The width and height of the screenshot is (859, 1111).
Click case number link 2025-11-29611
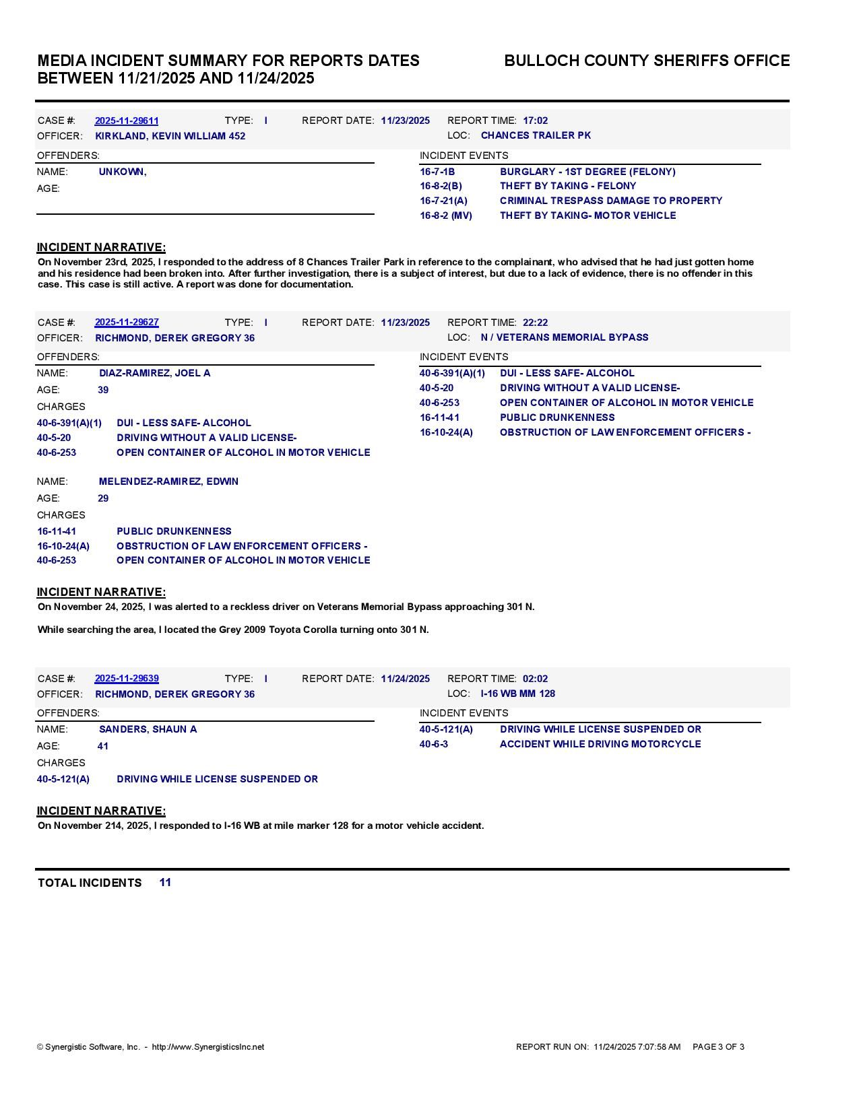[x=127, y=121]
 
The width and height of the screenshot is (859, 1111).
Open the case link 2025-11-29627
[x=127, y=323]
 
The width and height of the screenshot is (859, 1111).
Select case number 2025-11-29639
[x=127, y=679]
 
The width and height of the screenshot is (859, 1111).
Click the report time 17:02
[x=535, y=121]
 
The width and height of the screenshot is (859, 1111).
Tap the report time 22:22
[x=535, y=323]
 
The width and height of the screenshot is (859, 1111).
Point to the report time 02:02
[x=535, y=679]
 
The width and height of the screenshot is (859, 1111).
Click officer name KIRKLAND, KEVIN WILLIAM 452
[x=170, y=136]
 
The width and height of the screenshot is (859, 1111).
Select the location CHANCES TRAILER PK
[x=536, y=135]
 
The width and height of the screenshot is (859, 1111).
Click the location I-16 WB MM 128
[x=517, y=694]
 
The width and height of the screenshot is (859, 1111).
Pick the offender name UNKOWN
[x=122, y=172]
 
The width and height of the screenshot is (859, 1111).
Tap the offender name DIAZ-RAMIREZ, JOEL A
[x=154, y=373]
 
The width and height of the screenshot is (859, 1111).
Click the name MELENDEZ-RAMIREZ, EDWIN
[x=168, y=481]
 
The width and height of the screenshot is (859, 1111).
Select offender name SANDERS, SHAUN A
[x=148, y=729]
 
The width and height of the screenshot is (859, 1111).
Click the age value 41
[x=103, y=746]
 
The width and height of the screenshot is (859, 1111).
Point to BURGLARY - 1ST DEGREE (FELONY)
[x=587, y=172]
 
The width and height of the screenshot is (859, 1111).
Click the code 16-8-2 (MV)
[x=445, y=215]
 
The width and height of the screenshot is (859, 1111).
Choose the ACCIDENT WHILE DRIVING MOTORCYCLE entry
[x=600, y=744]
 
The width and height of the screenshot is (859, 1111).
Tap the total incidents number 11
[x=165, y=882]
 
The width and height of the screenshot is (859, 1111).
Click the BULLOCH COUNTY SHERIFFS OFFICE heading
[x=646, y=61]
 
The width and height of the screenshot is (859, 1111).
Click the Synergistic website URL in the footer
[x=208, y=1047]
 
